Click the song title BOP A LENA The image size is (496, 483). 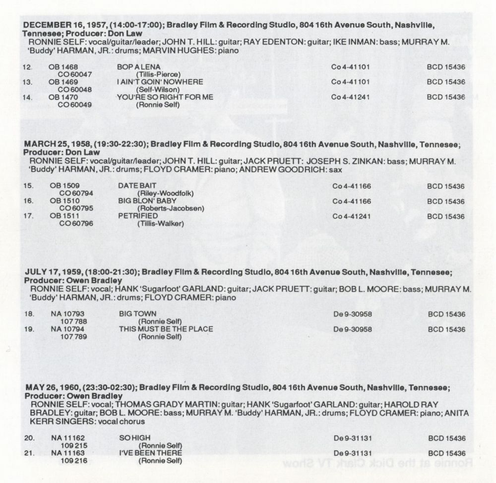pos(136,67)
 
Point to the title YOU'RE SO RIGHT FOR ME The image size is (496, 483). pos(165,97)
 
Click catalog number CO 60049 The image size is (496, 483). pos(74,105)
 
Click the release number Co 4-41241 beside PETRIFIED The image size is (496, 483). pos(352,216)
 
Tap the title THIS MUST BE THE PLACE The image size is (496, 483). pos(166,329)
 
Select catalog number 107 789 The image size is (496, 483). pos(74,337)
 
